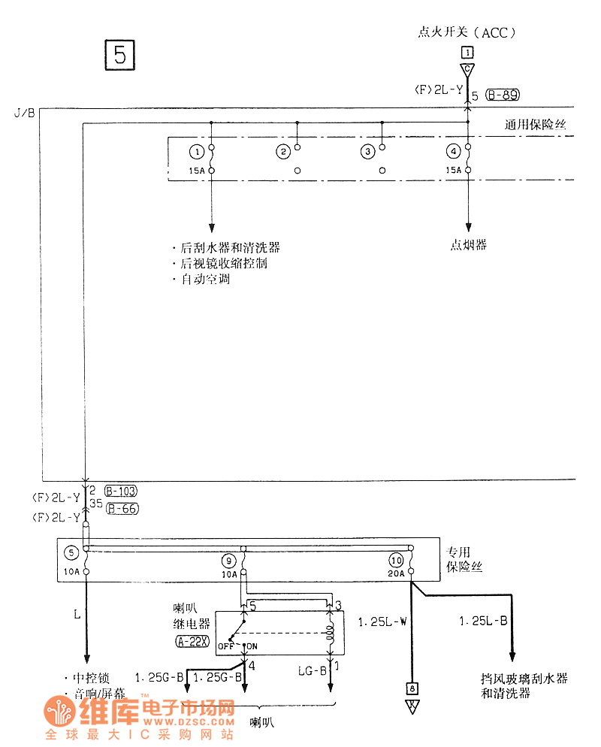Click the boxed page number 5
(x=119, y=54)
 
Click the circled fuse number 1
(x=197, y=152)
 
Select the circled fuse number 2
(x=283, y=152)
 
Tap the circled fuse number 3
(x=367, y=152)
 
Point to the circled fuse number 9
(x=228, y=560)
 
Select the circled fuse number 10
(x=396, y=560)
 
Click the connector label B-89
(x=503, y=95)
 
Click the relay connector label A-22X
(x=192, y=641)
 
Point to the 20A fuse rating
(x=396, y=573)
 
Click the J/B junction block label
(x=23, y=113)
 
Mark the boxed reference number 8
(x=411, y=688)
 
